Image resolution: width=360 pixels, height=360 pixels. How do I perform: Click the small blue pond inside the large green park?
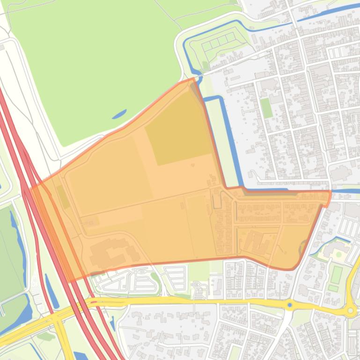(119, 114)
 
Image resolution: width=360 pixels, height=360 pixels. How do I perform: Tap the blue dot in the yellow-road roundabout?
(290, 305)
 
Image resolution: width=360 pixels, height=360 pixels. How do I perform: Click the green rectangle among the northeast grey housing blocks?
(266, 108)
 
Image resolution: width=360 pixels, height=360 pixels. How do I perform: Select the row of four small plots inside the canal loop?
(218, 43)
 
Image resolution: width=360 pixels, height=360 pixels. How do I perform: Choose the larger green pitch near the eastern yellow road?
(336, 274)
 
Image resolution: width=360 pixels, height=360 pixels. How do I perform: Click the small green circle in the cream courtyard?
(339, 254)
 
